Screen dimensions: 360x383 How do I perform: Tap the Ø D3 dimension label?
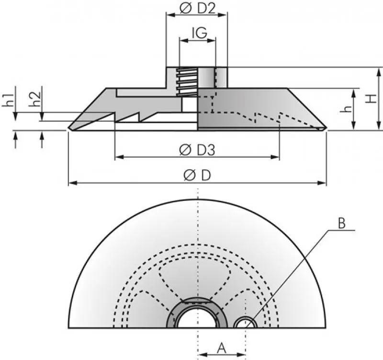click(x=197, y=150)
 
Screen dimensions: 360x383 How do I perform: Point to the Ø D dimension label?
click(x=197, y=176)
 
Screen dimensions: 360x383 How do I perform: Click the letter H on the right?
click(x=370, y=98)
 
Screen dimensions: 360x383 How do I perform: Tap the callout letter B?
click(x=341, y=223)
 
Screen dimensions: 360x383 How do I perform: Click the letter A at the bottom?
click(x=221, y=346)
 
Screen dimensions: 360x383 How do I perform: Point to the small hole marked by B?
click(x=245, y=323)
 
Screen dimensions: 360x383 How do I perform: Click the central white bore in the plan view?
click(x=198, y=318)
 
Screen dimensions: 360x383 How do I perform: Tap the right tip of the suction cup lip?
click(x=326, y=128)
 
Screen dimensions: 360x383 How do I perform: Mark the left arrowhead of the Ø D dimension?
click(x=72, y=183)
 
